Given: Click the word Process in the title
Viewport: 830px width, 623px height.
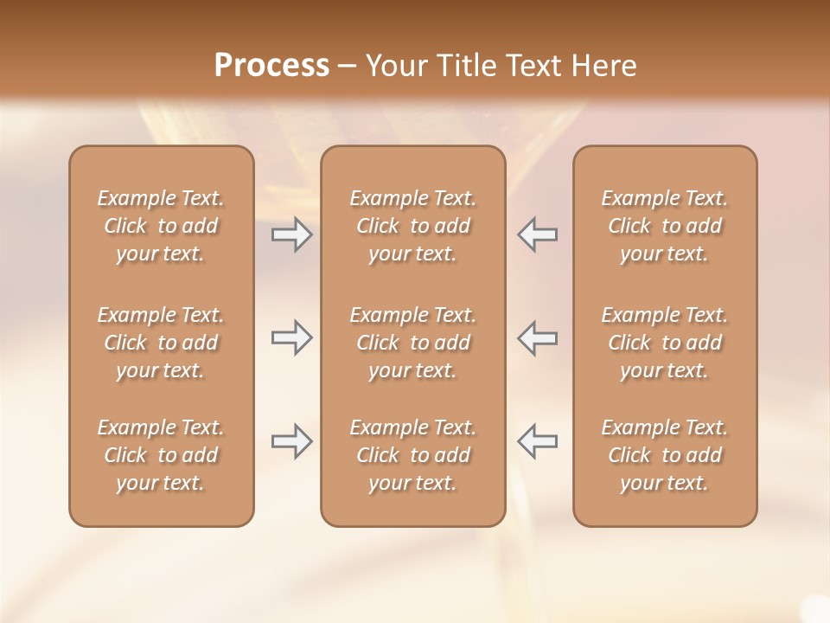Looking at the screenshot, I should (271, 66).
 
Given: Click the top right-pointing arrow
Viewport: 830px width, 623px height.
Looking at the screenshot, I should (292, 234).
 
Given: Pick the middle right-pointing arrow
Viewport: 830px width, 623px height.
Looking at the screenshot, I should (292, 337).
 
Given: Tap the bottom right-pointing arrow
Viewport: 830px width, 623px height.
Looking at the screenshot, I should (292, 441).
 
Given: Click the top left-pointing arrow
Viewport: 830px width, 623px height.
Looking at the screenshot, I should (537, 234).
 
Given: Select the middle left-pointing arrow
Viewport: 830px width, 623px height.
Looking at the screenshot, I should (537, 337).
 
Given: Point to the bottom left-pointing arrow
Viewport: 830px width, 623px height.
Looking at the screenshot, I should (537, 441).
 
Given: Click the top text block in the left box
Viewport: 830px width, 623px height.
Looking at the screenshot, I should (161, 226).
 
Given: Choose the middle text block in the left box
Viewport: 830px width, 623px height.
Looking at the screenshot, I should (161, 343).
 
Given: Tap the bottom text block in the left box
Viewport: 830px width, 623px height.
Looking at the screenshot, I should (161, 455).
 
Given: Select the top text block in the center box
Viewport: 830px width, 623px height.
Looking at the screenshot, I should (412, 226).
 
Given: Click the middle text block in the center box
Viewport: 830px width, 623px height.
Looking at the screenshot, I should (412, 343).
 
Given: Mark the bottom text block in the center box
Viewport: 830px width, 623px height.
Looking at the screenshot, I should (412, 455).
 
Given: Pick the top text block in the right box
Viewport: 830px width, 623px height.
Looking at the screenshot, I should (665, 226).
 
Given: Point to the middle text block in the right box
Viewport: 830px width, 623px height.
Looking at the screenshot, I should (665, 343).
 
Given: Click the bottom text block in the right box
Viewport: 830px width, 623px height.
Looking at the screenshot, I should (665, 455).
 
